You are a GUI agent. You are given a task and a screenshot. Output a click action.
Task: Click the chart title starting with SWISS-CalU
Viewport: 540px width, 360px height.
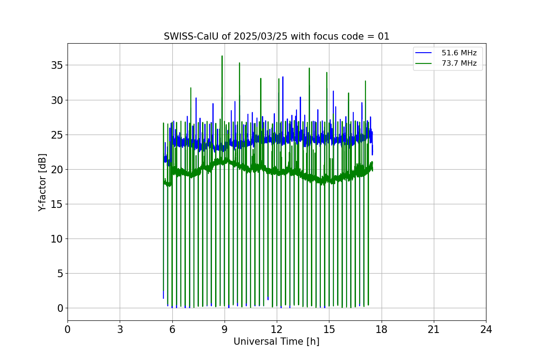point(276,36)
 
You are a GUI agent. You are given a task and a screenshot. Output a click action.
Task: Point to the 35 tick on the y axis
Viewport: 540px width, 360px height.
point(57,65)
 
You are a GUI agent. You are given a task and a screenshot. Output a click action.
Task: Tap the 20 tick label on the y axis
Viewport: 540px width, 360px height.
point(57,169)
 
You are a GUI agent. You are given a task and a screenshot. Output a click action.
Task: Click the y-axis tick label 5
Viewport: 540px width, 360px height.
point(59,273)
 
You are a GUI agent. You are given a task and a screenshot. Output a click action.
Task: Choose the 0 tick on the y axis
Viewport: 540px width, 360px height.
point(59,308)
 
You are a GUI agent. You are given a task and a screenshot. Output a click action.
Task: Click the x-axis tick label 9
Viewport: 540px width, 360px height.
point(224,329)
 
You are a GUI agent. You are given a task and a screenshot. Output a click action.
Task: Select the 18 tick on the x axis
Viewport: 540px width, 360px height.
point(381,329)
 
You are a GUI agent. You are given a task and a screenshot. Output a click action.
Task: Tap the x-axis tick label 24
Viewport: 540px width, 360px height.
point(486,329)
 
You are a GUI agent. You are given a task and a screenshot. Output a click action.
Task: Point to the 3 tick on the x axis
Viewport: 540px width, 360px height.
point(120,329)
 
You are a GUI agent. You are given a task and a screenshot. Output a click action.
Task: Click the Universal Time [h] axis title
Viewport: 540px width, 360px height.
point(276,342)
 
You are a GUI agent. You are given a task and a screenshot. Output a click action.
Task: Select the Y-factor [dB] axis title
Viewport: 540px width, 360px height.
point(42,182)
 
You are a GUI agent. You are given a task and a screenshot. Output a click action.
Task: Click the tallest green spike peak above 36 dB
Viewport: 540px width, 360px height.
point(222,56)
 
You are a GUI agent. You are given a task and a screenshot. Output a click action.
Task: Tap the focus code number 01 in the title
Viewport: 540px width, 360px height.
point(383,36)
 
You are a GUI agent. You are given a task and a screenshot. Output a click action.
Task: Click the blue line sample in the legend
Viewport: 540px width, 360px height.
point(423,53)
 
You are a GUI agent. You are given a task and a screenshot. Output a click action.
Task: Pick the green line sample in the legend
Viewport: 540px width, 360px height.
point(423,63)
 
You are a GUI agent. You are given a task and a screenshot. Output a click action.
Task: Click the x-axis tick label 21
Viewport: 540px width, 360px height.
point(433,329)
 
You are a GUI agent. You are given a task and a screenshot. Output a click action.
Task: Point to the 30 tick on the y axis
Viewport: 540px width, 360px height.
point(57,100)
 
